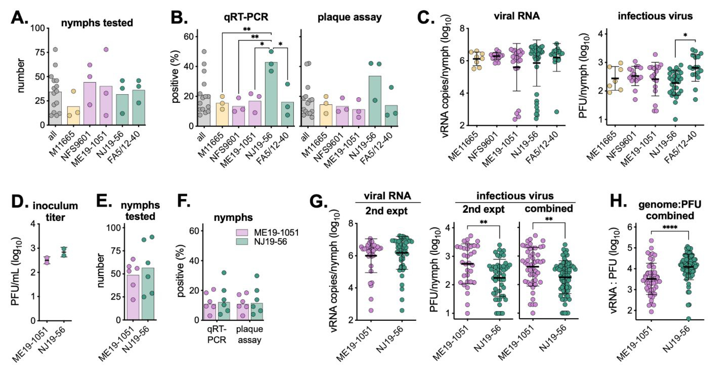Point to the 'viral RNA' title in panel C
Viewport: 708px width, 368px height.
[x=517, y=16]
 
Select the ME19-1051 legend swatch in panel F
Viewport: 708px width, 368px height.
[x=242, y=233]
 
